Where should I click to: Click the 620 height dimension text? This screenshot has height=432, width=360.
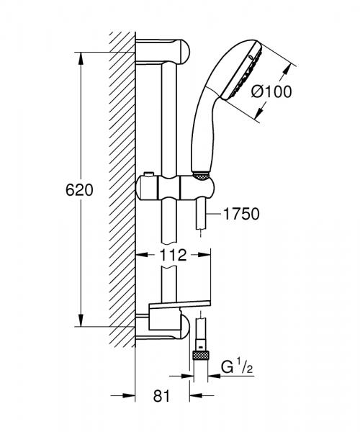[80, 190]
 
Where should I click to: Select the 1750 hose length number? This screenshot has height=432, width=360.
[240, 213]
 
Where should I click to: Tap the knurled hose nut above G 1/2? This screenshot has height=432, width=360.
[199, 355]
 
